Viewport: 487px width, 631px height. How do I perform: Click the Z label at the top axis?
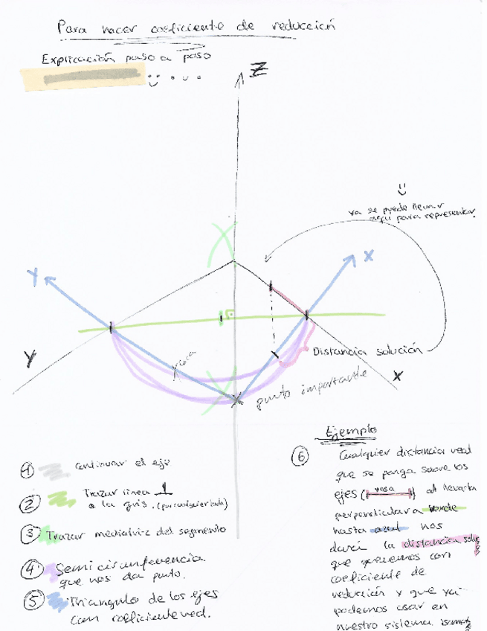coord(258,71)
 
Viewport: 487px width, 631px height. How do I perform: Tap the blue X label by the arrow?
coord(368,256)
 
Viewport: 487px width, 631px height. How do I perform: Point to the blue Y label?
coord(33,277)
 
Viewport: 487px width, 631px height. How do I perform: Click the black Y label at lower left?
coord(29,359)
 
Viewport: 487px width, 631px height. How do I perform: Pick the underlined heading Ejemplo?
coord(351,430)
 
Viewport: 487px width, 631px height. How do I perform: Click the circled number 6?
coord(302,458)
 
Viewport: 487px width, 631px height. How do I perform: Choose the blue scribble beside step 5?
coord(57,600)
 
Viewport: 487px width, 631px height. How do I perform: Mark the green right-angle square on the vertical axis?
coord(230,315)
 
